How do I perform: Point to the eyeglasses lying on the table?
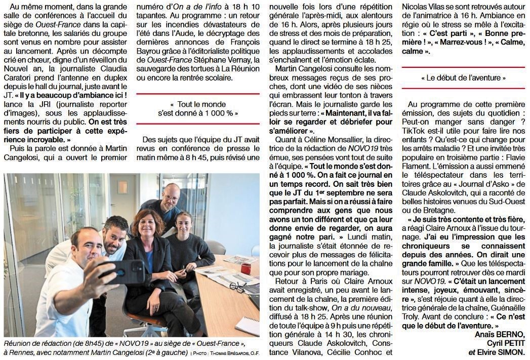(x=237, y=287)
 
